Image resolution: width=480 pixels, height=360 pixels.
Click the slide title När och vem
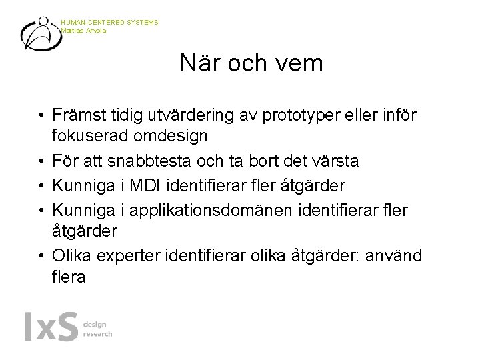(x=251, y=64)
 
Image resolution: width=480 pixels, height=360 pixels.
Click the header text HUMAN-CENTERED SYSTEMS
(x=109, y=23)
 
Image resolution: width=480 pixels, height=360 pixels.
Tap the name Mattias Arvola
(x=84, y=30)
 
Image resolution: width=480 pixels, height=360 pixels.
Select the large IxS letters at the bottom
(x=51, y=327)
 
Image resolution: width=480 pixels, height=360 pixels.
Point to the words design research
(x=97, y=329)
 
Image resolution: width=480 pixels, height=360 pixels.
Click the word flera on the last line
(x=69, y=276)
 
